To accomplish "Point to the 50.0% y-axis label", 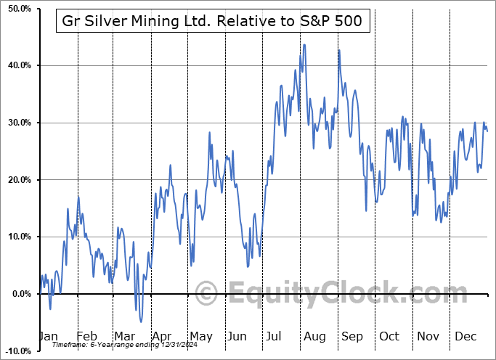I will (x=17, y=9).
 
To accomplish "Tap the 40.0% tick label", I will (x=17, y=66).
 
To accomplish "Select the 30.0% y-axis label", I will (x=17, y=123).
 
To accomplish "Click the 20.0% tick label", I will (x=17, y=180).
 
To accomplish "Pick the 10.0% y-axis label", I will (x=17, y=237).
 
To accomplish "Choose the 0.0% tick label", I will (x=19, y=294).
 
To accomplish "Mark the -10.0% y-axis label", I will (x=16, y=351).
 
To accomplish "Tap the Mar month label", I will (x=124, y=336).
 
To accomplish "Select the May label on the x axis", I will (x=201, y=336).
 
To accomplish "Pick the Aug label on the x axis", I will (x=314, y=336).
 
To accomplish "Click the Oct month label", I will (x=390, y=336).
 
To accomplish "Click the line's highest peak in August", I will (x=304, y=45).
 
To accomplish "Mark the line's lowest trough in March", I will (x=141, y=322).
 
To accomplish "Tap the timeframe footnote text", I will (x=115, y=345).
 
